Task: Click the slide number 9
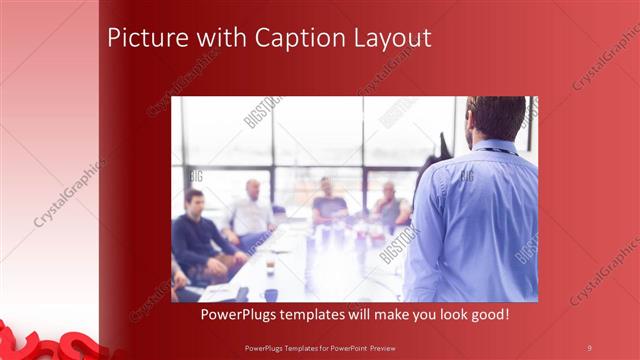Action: [589, 347]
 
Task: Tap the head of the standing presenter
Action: [496, 117]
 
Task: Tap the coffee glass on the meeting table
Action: [270, 265]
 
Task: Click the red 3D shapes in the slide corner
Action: [40, 341]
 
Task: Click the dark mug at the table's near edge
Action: [271, 294]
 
